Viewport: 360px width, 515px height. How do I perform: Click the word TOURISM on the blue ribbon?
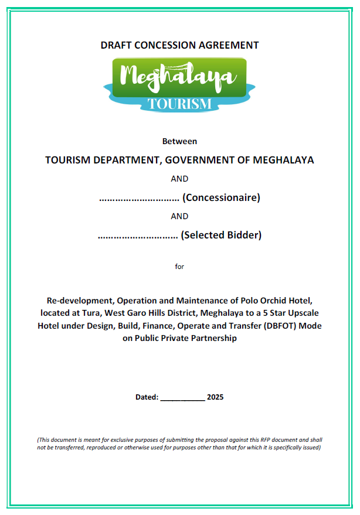pyautogui.click(x=179, y=104)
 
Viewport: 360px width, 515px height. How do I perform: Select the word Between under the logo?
pyautogui.click(x=179, y=141)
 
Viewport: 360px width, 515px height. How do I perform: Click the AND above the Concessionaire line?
pyautogui.click(x=179, y=179)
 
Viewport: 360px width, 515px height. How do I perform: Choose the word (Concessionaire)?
pyautogui.click(x=221, y=197)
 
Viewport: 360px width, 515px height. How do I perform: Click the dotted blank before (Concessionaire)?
pyautogui.click(x=139, y=199)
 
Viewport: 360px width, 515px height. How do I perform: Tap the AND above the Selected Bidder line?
pyautogui.click(x=179, y=216)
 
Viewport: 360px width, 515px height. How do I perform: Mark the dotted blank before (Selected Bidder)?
pyautogui.click(x=137, y=236)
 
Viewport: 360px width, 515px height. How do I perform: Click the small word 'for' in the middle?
pyautogui.click(x=179, y=267)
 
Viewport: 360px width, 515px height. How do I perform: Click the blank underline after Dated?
pyautogui.click(x=182, y=398)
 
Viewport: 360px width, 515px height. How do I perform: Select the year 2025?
pyautogui.click(x=215, y=397)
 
